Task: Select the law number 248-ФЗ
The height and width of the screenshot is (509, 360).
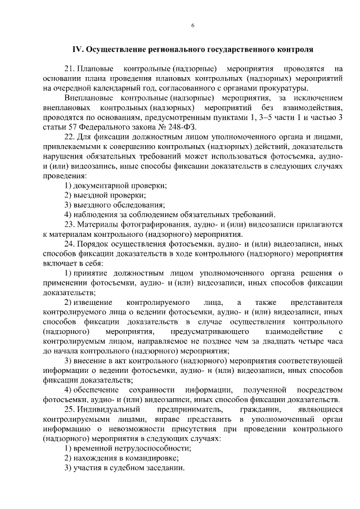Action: coord(166,127)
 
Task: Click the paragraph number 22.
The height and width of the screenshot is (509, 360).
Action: coord(70,137)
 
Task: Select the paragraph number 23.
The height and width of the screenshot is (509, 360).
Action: coord(70,224)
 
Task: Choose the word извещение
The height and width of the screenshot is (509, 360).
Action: coord(94,303)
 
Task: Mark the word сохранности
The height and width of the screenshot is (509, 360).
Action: coord(152,390)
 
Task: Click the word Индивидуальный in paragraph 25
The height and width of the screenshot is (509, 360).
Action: coord(106,409)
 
